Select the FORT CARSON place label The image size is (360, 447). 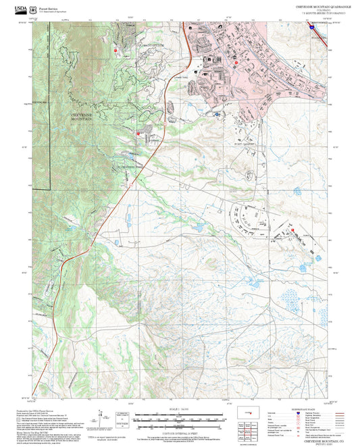247,144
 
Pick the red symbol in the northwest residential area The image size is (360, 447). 116,50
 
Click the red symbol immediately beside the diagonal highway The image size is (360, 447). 139,134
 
